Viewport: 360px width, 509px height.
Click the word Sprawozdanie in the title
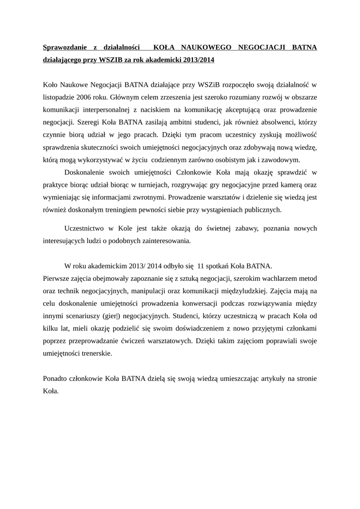(x=65, y=48)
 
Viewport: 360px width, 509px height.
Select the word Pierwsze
(x=57, y=277)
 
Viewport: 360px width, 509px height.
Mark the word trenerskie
(x=96, y=354)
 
